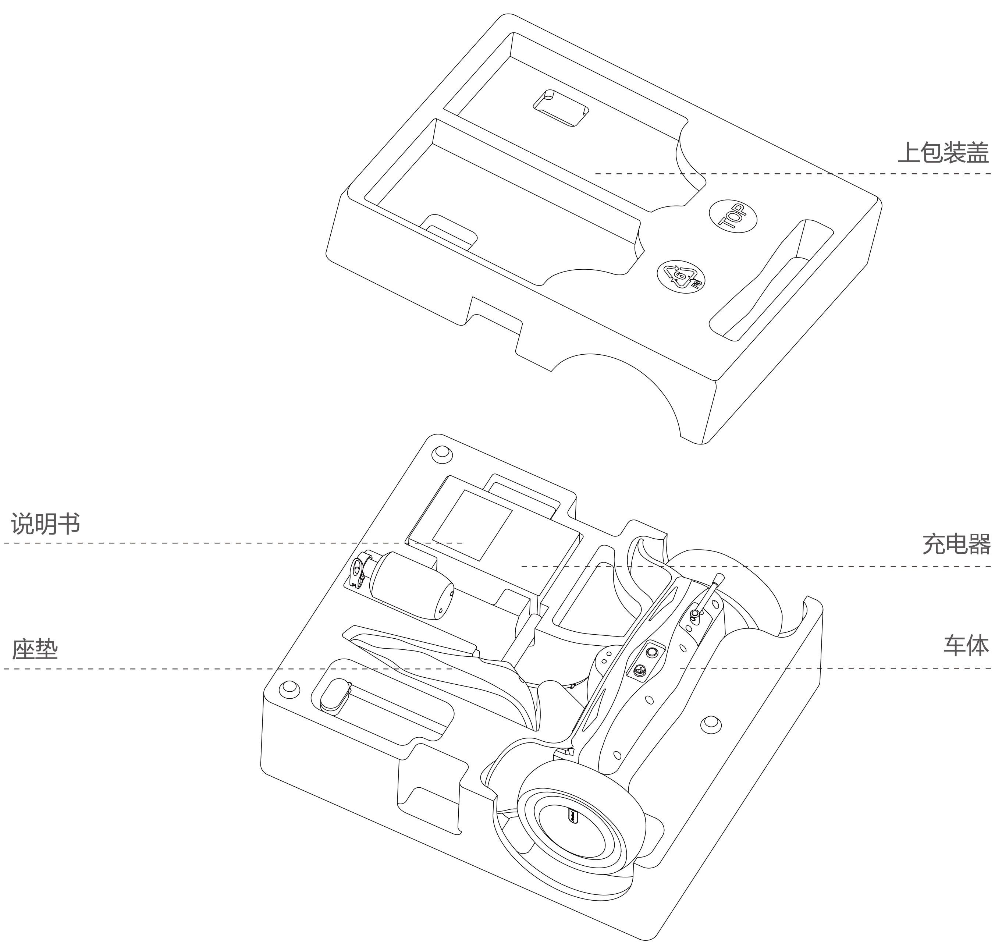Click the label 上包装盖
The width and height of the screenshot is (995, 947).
click(942, 152)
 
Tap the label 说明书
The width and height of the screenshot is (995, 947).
click(45, 524)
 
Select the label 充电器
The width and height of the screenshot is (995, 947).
click(956, 544)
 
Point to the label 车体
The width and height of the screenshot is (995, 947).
click(966, 646)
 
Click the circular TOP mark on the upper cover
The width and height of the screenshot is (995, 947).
click(733, 217)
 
